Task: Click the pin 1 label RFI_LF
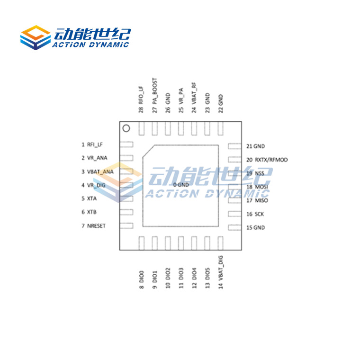pos(95,145)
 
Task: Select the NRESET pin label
pos(96,226)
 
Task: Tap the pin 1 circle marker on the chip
pos(126,128)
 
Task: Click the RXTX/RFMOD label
pos(271,160)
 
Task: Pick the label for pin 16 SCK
pos(259,214)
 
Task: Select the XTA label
pos(92,199)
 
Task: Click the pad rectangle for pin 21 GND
pos(234,146)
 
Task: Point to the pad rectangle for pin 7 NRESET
pos(126,226)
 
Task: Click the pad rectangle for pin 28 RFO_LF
pos(141,128)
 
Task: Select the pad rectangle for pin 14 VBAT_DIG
pos(220,243)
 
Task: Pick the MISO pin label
pos(261,201)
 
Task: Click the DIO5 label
pos(207,278)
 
